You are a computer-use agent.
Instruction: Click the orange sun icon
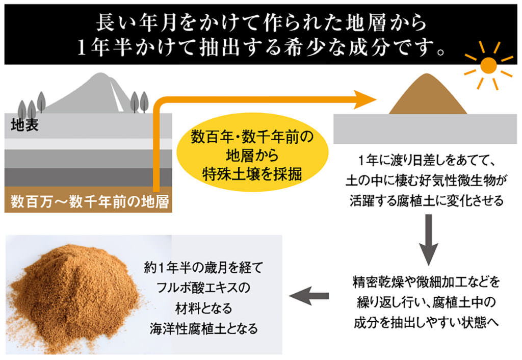click(488, 65)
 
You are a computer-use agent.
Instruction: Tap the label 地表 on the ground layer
click(24, 125)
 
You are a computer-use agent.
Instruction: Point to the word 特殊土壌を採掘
click(252, 174)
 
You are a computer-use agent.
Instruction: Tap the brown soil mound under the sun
click(428, 94)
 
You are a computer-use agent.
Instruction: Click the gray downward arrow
click(428, 240)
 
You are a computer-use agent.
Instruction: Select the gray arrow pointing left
click(309, 296)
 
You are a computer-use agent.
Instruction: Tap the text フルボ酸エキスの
click(203, 288)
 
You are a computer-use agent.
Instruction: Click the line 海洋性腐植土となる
click(204, 328)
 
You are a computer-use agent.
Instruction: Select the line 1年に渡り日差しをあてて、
click(427, 161)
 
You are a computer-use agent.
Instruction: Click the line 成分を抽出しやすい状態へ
click(427, 322)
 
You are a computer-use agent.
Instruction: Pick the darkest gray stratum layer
click(88, 177)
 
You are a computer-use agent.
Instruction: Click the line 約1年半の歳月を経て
click(203, 267)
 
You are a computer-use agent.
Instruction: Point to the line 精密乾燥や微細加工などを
click(427, 282)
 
